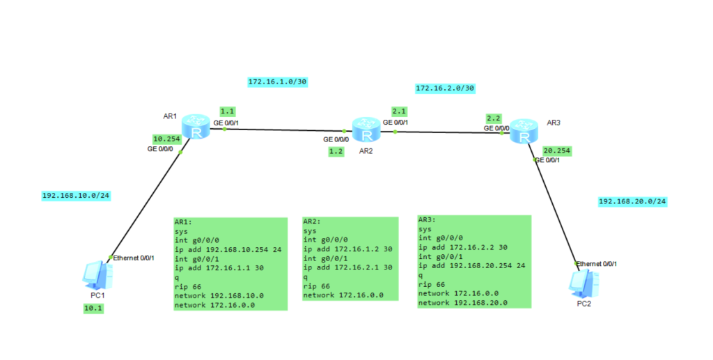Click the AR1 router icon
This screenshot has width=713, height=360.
pos(196,128)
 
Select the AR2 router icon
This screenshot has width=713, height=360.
pos(366,130)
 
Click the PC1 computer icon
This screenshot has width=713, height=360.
pos(95,275)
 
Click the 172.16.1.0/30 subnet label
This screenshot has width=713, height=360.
pos(277,81)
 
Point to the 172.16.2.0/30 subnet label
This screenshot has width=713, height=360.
pos(445,88)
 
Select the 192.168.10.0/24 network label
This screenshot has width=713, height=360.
pos(76,196)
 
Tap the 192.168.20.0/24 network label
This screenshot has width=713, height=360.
pos(632,201)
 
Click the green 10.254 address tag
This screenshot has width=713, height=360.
pos(166,139)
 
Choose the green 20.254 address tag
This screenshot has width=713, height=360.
pos(556,150)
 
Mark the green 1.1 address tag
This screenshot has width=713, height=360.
pos(228,111)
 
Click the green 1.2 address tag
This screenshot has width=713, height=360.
pos(336,151)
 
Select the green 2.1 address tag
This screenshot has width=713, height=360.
pos(399,111)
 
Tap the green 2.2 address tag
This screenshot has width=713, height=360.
pos(494,118)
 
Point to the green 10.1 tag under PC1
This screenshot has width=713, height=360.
pos(93,308)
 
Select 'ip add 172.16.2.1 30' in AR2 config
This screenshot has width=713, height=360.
pos(347,267)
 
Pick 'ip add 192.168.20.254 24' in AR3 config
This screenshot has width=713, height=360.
pos(471,265)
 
